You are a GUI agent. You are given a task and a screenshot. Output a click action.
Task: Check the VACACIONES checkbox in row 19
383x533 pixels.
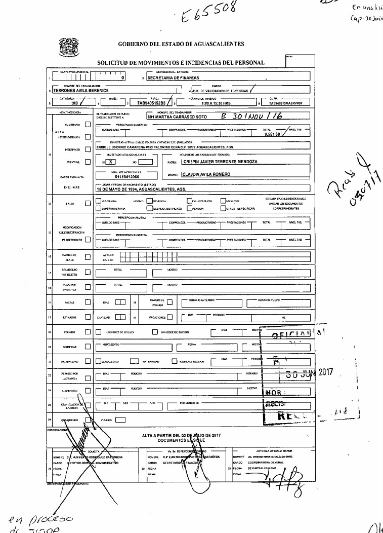pyautogui.click(x=170, y=317)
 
